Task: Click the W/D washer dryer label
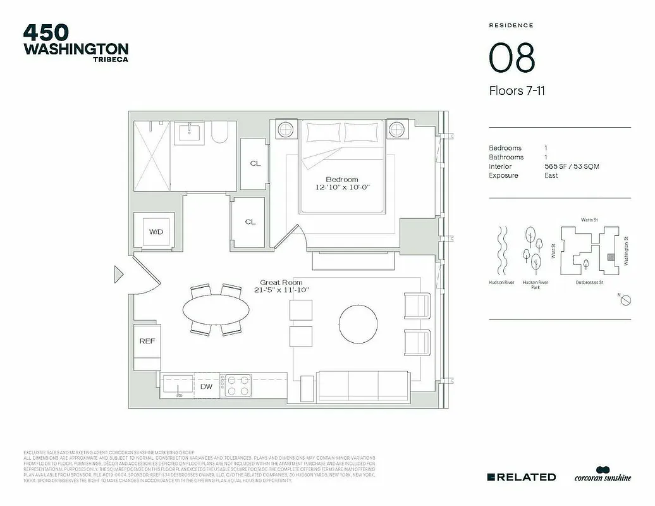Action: (x=156, y=232)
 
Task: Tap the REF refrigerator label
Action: (x=147, y=341)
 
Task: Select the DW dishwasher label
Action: (x=206, y=386)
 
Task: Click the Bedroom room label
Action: (x=342, y=179)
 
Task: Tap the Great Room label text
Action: (x=281, y=282)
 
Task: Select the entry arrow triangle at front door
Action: (x=118, y=274)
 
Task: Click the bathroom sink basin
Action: (x=191, y=132)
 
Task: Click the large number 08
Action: (x=511, y=58)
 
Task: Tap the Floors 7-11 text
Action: (x=517, y=90)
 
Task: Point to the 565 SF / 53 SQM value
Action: (x=572, y=166)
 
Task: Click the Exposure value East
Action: (x=551, y=175)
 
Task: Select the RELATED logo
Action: (x=522, y=477)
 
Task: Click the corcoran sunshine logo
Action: (x=602, y=476)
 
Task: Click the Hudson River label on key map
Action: (x=501, y=283)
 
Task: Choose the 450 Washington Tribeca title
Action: (x=75, y=42)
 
